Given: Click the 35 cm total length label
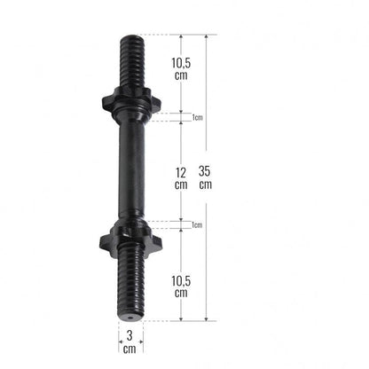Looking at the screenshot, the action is pyautogui.click(x=205, y=177).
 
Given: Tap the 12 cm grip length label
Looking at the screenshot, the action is pyautogui.click(x=181, y=178).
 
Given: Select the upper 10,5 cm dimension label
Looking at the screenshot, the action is pyautogui.click(x=181, y=69).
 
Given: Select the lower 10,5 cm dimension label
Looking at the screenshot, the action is pyautogui.click(x=181, y=287).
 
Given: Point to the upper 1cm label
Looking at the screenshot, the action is pyautogui.click(x=198, y=117).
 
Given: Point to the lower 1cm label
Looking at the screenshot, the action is pyautogui.click(x=197, y=225).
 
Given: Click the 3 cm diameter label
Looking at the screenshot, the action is pyautogui.click(x=130, y=342).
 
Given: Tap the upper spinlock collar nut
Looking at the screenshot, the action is pyautogui.click(x=131, y=101).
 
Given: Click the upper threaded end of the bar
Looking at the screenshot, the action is pyautogui.click(x=132, y=61).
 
